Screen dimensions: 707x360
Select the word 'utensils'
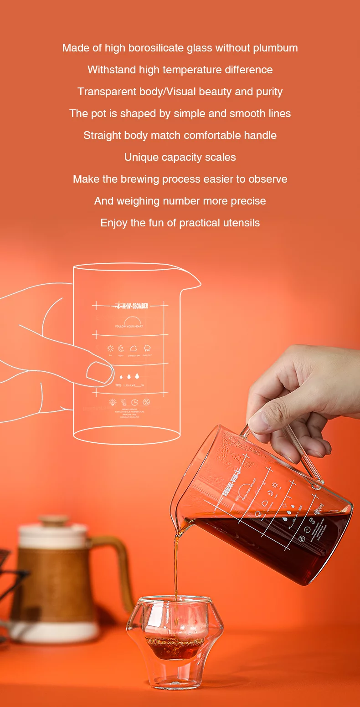[241, 223]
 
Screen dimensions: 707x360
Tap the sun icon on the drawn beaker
[110, 348]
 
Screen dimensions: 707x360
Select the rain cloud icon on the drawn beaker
[147, 348]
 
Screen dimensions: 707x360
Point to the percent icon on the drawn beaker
[146, 402]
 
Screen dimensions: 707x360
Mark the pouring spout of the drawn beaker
[194, 284]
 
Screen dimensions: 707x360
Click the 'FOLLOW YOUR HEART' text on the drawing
[129, 327]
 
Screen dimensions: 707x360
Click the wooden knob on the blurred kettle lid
[54, 520]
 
